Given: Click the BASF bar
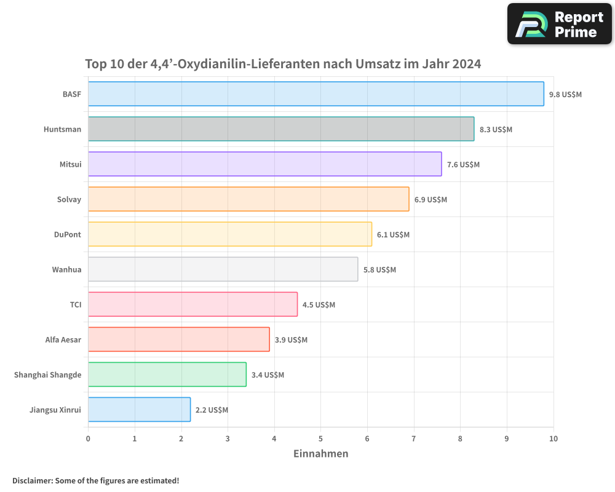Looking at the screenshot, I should (315, 94).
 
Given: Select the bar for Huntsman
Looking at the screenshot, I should (281, 129).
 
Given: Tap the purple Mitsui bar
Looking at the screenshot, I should (264, 164).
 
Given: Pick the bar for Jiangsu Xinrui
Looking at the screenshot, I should (139, 410).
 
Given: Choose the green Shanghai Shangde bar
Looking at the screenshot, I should (167, 375).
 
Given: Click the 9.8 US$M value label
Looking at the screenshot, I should (565, 95).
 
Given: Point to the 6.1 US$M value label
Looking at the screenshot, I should (393, 235).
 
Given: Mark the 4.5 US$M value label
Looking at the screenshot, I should (319, 305).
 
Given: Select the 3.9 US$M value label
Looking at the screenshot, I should (291, 340).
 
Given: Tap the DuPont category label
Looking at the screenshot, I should (68, 234).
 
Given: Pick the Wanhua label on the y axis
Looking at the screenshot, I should (66, 269).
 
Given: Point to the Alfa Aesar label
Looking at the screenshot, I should (63, 339).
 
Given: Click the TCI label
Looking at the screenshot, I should (75, 304).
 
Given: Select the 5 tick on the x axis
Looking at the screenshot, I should (320, 438).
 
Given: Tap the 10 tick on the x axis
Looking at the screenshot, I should (553, 438).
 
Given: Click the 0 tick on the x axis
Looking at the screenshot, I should (88, 438).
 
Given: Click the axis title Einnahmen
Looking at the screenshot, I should (320, 454).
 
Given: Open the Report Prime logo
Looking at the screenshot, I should (560, 24).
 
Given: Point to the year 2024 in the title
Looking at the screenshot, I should (466, 64).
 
